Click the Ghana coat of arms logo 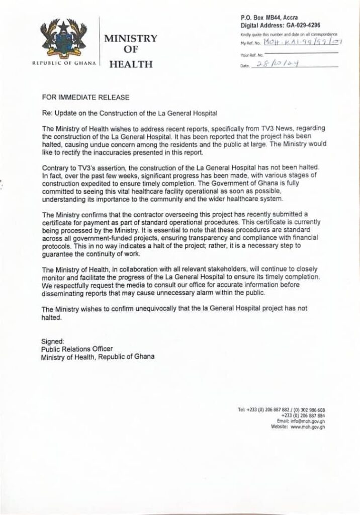pyautogui.click(x=65, y=40)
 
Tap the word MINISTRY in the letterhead pyautogui.click(x=130, y=39)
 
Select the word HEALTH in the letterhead pyautogui.click(x=130, y=64)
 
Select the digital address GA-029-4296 pyautogui.click(x=301, y=25)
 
